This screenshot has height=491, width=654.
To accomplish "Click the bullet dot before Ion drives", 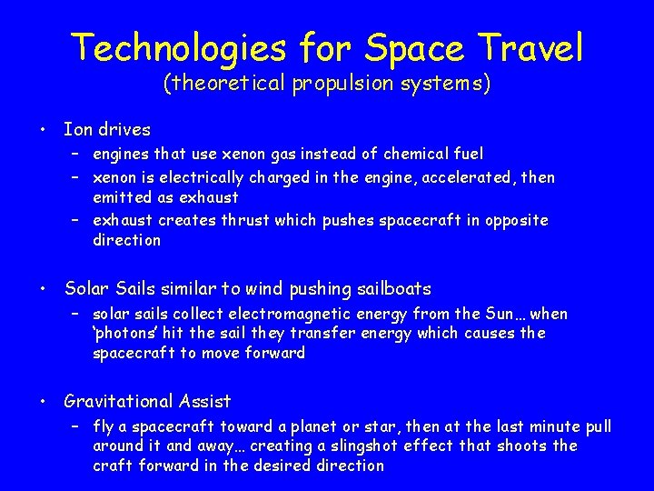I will pos(44,130).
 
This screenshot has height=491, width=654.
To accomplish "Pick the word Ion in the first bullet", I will pos(77,130).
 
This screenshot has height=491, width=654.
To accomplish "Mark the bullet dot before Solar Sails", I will pos(44,289).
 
